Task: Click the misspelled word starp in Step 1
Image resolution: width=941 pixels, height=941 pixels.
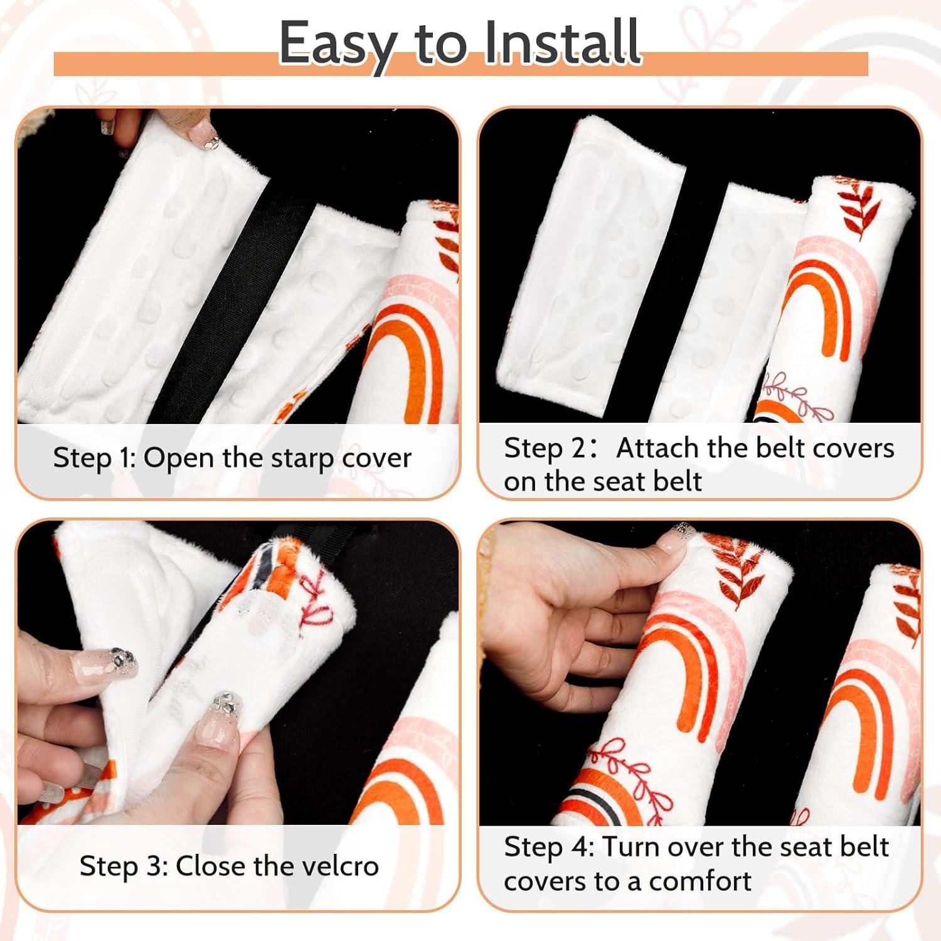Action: [303, 459]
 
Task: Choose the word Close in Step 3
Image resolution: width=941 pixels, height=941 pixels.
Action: [211, 866]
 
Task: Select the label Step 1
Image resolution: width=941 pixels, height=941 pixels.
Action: [95, 459]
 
